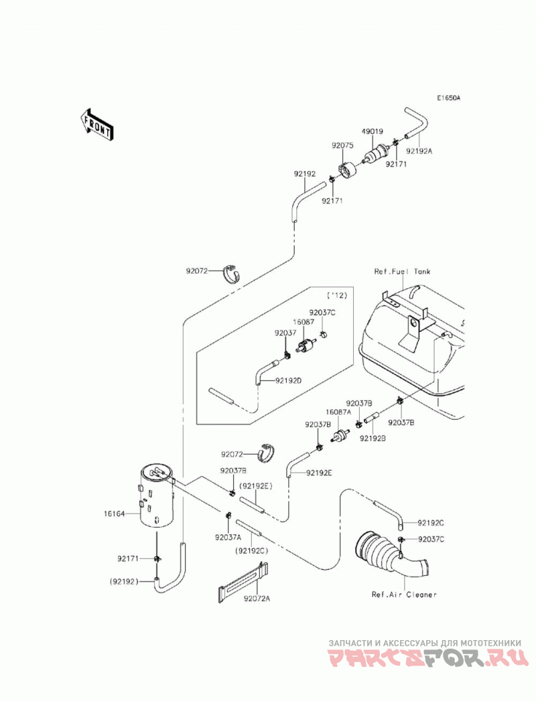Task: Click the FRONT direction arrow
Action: (x=95, y=126)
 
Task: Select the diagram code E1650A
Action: (x=449, y=98)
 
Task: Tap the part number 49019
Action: (x=373, y=131)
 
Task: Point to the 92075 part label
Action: (x=343, y=145)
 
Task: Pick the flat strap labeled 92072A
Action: (x=243, y=582)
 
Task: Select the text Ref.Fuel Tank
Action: (x=402, y=271)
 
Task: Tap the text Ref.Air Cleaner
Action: (x=404, y=595)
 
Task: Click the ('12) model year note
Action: (x=337, y=295)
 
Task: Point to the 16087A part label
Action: (x=338, y=412)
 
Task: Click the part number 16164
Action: (x=114, y=514)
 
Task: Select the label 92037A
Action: (x=228, y=538)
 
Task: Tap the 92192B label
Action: (x=373, y=439)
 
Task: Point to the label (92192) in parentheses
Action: (x=124, y=582)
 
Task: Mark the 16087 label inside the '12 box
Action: (x=304, y=321)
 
